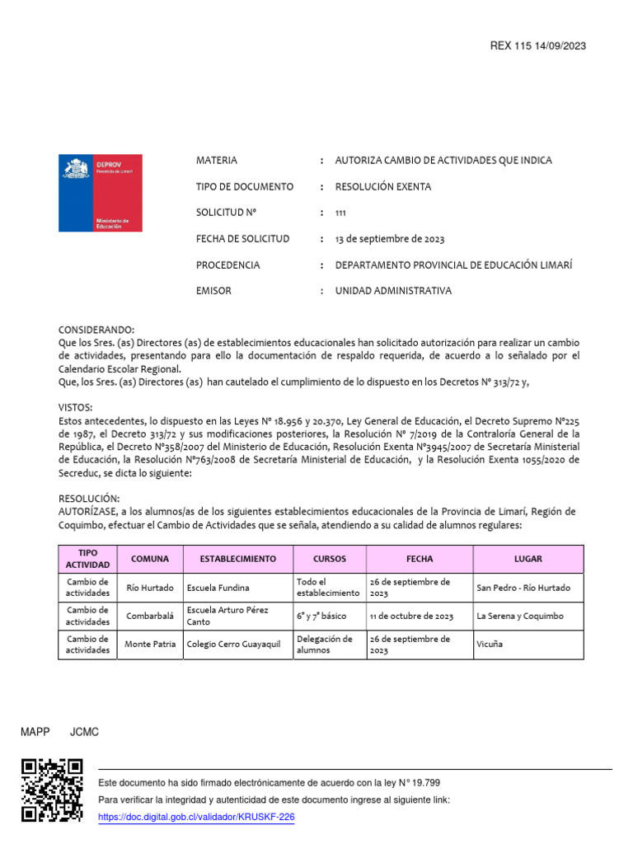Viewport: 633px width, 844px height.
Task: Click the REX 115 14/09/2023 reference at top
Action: point(537,46)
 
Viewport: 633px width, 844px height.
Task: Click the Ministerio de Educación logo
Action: point(100,192)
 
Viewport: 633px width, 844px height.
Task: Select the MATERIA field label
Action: point(216,161)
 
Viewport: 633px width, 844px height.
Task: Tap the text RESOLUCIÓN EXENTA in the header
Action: point(382,187)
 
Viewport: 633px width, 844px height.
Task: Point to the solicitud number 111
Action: point(340,213)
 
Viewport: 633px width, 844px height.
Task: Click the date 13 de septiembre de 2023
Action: point(389,240)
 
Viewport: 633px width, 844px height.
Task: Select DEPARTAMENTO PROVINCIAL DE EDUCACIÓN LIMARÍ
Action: point(452,265)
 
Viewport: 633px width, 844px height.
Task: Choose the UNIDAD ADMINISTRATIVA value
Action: point(393,291)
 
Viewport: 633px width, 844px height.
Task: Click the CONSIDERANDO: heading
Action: point(96,330)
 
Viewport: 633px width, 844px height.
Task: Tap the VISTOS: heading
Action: point(75,408)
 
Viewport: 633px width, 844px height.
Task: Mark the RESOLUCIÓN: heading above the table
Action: point(89,499)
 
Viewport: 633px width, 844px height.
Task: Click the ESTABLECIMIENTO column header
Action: point(237,559)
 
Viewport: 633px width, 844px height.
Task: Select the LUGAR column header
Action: point(527,559)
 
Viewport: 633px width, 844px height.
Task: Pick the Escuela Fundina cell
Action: point(218,588)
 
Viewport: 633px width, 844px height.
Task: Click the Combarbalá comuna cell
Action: point(151,616)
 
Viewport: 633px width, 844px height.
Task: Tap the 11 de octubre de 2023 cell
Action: point(411,616)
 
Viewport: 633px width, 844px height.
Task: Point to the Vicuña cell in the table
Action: point(490,645)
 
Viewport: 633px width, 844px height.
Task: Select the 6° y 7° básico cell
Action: point(321,616)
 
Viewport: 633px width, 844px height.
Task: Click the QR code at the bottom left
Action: point(52,790)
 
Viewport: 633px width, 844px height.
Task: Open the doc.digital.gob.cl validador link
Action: point(196,817)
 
